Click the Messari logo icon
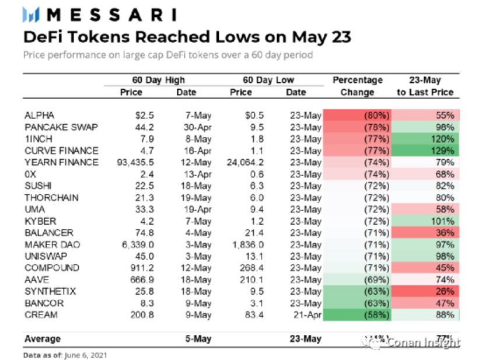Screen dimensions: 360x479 32,15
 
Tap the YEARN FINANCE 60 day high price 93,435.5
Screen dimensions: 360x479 135,162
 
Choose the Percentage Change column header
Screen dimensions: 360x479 357,86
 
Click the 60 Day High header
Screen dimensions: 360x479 158,80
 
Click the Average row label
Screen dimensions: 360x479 42,338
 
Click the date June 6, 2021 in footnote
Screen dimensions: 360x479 86,354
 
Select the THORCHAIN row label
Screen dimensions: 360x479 51,198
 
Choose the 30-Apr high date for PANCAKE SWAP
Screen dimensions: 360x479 195,127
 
